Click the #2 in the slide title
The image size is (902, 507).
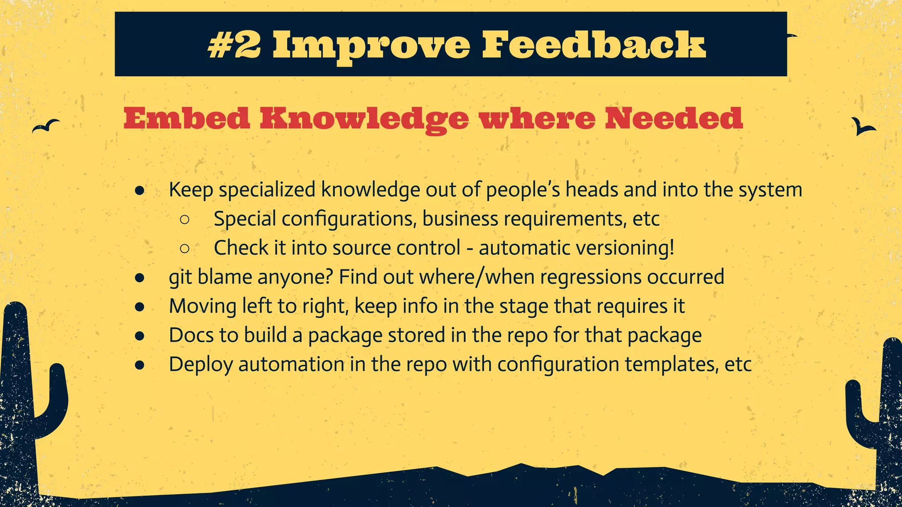coord(234,45)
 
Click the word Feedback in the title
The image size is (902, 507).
coord(594,45)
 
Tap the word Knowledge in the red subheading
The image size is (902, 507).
coord(364,119)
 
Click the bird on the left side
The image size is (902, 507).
coord(46,126)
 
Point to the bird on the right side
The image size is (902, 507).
coord(862,127)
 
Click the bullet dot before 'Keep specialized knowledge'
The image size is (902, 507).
coord(140,191)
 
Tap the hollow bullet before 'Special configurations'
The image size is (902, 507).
coord(185,219)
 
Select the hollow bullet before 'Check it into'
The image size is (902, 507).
coord(185,249)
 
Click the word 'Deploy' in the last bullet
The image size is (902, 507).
coord(201,365)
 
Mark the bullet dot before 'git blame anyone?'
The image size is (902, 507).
coord(140,278)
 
